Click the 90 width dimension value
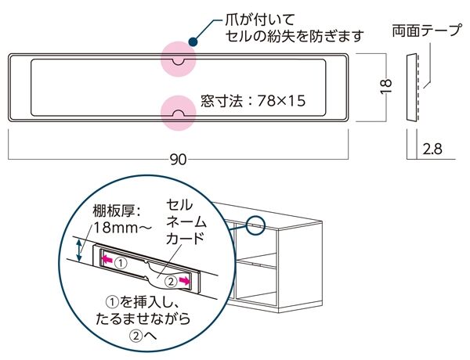[x=178, y=160]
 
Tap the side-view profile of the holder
[x=412, y=86]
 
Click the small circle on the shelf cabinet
[x=255, y=224]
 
